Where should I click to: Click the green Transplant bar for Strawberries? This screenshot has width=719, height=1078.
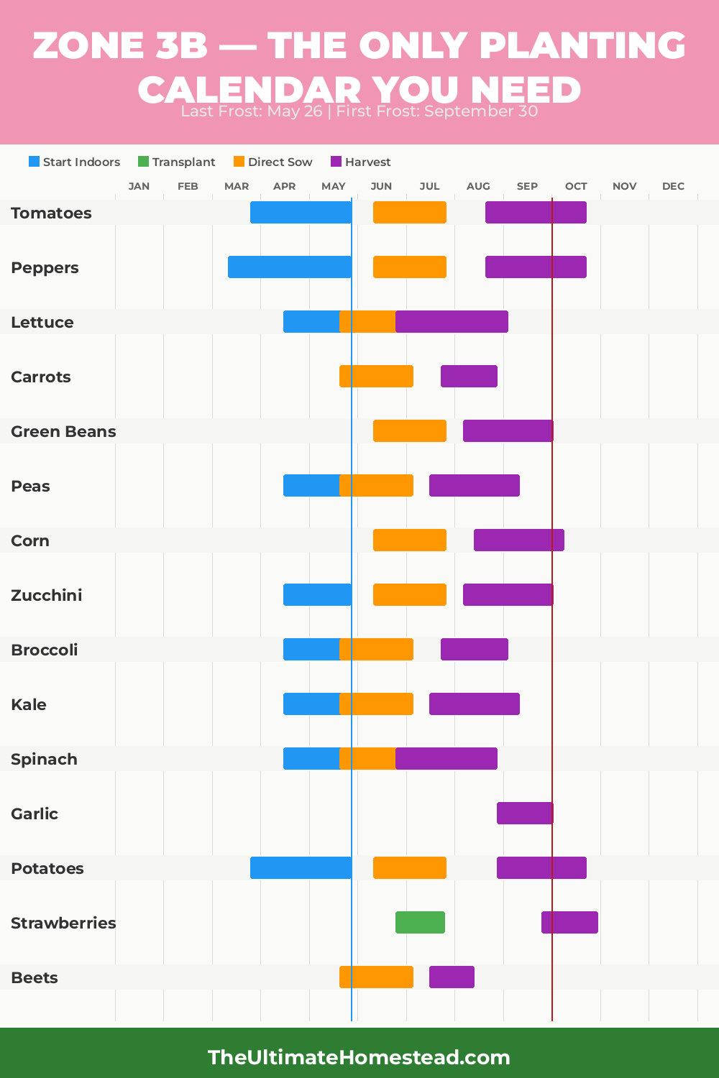pos(420,922)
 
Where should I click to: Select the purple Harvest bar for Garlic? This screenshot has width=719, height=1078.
pos(525,813)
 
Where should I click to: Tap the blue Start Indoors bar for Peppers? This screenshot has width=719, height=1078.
pos(289,267)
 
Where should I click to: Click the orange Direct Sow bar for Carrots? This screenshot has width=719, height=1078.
pos(376,376)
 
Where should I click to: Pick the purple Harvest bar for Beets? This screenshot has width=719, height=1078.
pos(452,977)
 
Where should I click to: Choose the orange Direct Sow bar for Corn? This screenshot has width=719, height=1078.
pos(409,540)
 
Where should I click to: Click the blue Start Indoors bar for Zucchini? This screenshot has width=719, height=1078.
pos(317,594)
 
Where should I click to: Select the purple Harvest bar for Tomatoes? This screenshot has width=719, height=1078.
pos(536,212)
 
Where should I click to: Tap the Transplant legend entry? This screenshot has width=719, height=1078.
pos(177,162)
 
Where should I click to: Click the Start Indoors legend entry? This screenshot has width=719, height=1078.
pos(75,162)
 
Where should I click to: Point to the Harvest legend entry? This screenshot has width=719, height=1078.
pos(361,162)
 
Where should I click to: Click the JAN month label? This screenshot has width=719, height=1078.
pos(139,186)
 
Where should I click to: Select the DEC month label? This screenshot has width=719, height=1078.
pos(673,186)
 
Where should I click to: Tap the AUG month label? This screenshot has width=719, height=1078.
pos(478,186)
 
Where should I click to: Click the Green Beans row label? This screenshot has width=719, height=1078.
pos(63,431)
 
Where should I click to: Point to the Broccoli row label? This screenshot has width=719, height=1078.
pos(45,650)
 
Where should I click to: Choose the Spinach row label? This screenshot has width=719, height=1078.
pos(44,759)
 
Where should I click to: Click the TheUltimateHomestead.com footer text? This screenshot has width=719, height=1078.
pos(359,1057)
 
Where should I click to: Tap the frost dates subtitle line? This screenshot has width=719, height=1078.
pos(359,111)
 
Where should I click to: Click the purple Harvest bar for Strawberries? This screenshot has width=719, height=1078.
pos(569,922)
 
